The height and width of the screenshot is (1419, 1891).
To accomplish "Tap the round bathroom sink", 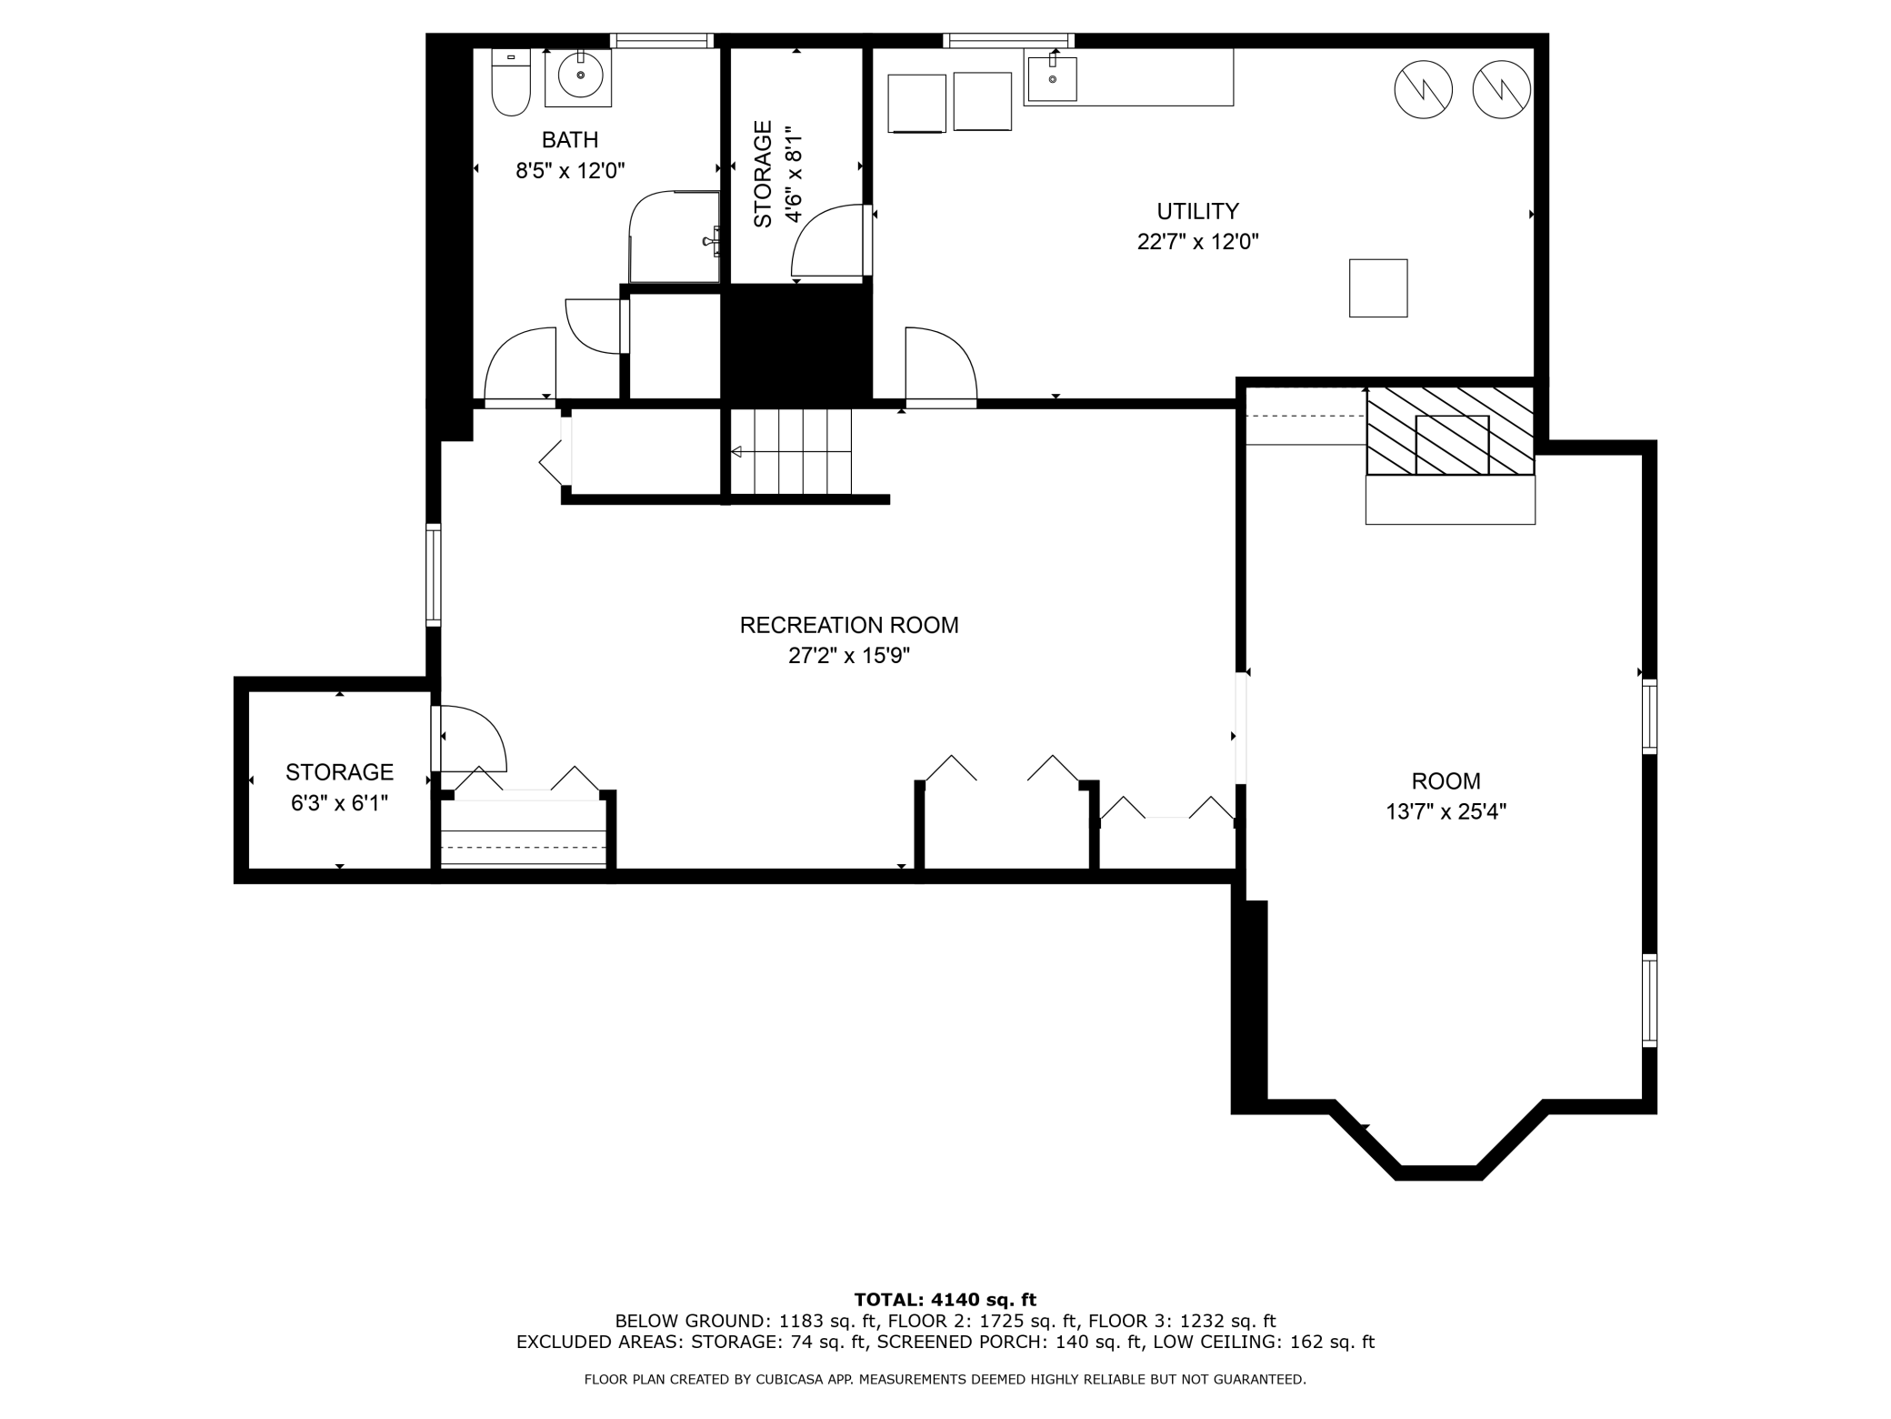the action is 580,75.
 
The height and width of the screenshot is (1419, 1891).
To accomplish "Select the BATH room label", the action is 570,140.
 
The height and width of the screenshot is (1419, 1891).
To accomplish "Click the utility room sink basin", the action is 1053,79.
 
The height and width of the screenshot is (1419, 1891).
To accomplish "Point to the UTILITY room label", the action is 1197,211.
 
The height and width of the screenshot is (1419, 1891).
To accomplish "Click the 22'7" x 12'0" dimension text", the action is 1197,242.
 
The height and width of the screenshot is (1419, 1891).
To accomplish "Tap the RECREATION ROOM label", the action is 849,625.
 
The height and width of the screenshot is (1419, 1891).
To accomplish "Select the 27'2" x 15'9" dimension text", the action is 849,656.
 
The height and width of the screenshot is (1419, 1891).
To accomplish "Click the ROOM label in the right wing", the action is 1446,780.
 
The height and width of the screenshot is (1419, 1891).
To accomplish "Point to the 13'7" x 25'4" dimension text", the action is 1446,811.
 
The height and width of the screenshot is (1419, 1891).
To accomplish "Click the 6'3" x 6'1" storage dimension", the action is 339,803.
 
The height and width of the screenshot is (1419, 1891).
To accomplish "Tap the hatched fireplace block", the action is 1451,431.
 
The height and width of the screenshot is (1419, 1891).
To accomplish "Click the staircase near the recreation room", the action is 791,451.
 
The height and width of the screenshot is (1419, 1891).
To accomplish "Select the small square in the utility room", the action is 1378,288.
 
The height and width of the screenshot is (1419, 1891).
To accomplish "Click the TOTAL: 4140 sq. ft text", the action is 945,1300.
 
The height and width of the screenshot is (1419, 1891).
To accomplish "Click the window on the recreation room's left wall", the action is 434,575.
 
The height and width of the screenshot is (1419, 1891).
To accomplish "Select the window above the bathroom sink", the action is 661,40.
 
